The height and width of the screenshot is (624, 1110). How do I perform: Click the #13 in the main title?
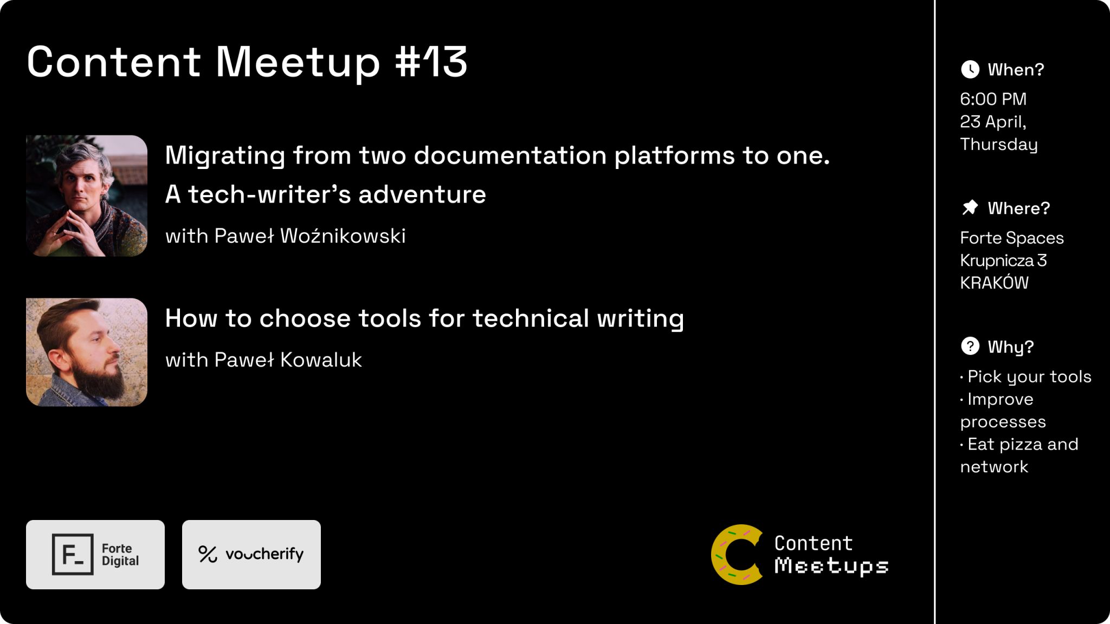point(431,61)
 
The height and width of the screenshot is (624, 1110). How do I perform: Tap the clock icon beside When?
point(970,69)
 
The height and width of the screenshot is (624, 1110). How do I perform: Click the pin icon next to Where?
point(970,207)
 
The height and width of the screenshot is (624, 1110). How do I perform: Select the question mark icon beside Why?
point(970,346)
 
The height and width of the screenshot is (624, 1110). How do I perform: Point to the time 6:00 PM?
point(993,99)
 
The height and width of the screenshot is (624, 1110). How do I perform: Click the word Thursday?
point(998,145)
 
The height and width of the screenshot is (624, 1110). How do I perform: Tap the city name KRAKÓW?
point(994,282)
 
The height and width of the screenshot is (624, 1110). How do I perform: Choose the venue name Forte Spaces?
point(1011,238)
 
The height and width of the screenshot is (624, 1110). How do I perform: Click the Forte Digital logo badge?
point(95,554)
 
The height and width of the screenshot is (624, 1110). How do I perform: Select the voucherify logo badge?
point(251,554)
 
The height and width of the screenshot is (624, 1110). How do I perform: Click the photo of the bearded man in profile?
point(87,352)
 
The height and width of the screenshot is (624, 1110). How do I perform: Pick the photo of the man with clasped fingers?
point(87,196)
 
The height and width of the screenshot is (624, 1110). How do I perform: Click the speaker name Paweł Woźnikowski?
point(310,236)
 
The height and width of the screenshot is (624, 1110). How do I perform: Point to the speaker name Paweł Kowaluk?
point(288,360)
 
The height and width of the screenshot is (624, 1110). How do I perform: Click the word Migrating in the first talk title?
point(225,157)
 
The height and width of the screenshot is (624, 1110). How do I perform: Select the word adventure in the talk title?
point(422,194)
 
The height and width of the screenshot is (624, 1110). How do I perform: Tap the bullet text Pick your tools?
point(1029,377)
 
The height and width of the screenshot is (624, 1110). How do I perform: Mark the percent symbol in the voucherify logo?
point(208,554)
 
